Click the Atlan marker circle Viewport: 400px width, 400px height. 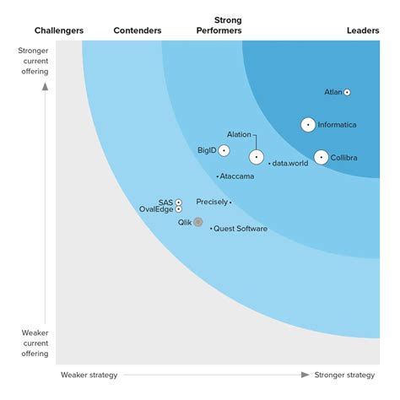coord(347,92)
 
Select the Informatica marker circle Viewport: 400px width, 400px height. coord(308,125)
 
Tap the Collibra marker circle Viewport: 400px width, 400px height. coord(321,157)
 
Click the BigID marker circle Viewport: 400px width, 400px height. coord(224,150)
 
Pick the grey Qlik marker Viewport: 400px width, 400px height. coord(198,222)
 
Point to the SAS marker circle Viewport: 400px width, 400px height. coord(178,203)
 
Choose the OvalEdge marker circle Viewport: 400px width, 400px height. coord(178,209)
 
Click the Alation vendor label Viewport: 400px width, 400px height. coord(240,134)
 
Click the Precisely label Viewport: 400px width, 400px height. coord(211,202)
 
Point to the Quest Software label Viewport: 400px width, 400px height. coord(241,229)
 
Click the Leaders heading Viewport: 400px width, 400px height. coord(363,31)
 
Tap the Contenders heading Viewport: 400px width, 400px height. coord(138,31)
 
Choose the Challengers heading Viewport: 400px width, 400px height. coord(59,31)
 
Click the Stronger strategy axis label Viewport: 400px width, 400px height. coord(344,375)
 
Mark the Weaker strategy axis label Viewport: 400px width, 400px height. coord(89,375)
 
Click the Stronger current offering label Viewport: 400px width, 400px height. coord(34,61)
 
